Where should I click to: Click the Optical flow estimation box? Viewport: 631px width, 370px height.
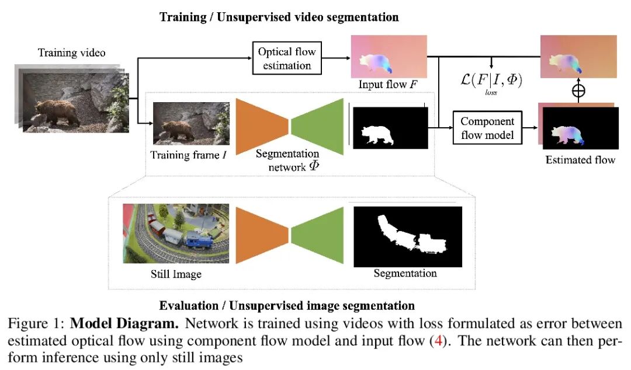click(x=287, y=58)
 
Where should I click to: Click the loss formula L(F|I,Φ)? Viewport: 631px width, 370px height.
click(x=491, y=80)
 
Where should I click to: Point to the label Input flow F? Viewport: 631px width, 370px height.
click(x=388, y=85)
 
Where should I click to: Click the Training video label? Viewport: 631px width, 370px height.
click(x=72, y=53)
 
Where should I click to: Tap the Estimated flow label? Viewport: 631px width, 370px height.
click(x=580, y=159)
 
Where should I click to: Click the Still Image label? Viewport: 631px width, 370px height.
click(x=176, y=273)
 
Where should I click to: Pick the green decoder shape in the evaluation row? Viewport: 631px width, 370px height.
click(x=317, y=235)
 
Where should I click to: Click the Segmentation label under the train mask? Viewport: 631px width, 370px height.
click(x=405, y=273)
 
